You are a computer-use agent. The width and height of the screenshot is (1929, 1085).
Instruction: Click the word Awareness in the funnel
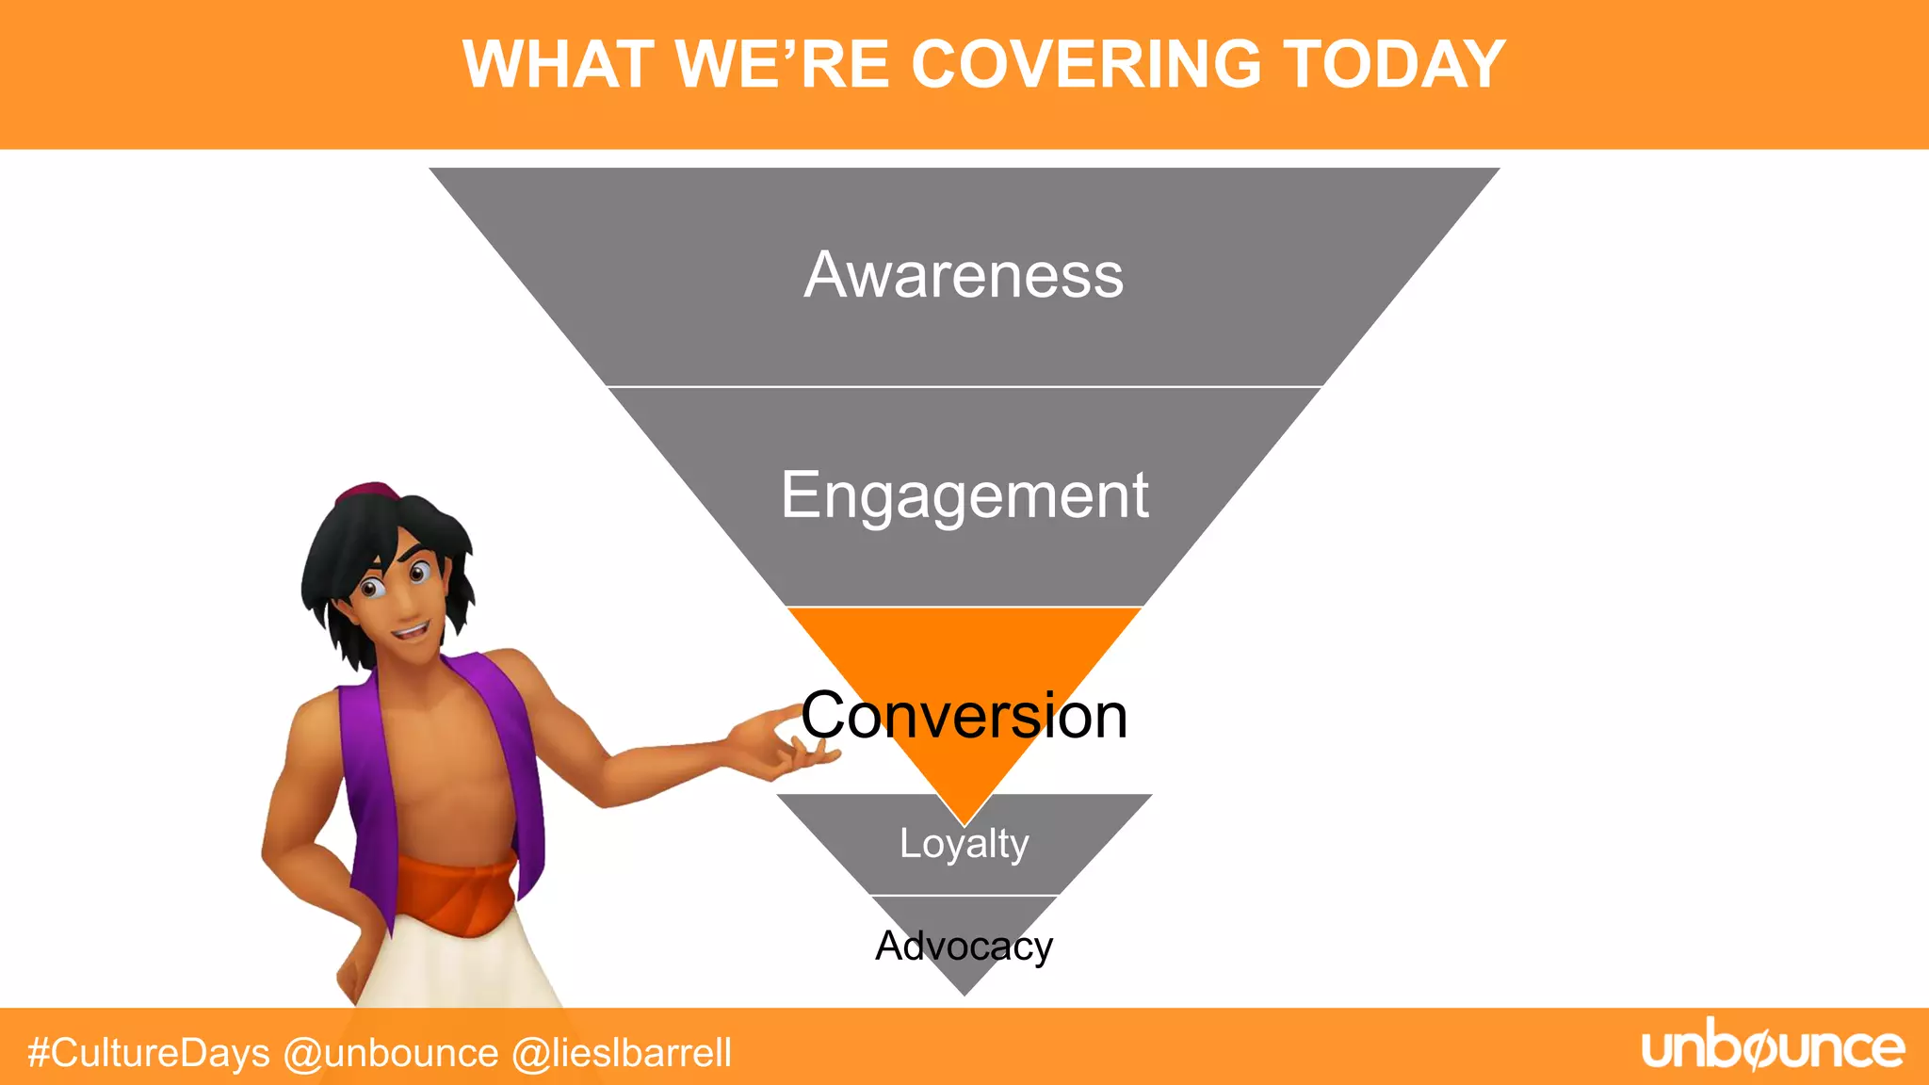964,275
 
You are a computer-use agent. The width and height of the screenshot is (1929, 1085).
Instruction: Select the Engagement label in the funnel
964,495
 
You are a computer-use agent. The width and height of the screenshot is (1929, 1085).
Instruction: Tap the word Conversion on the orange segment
964,716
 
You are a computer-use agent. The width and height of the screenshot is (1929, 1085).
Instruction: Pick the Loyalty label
964,843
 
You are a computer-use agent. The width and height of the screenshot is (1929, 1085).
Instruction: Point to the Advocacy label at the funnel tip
964,946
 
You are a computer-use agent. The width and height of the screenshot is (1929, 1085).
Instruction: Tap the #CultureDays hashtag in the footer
149,1053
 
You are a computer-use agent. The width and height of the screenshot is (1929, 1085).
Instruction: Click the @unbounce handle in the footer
391,1053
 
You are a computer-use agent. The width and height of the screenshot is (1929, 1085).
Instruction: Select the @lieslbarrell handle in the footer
622,1053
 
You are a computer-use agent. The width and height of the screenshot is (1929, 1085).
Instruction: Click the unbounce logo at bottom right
1773,1047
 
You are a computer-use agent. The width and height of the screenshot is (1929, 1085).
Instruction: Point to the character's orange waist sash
457,890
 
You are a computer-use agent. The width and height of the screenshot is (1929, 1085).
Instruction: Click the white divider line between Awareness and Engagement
964,386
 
